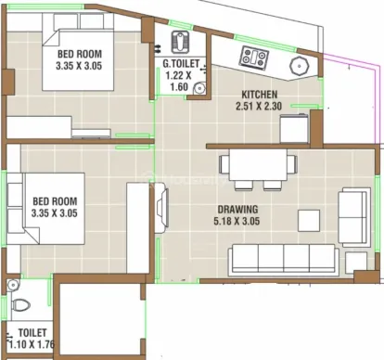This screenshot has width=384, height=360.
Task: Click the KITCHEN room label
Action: pos(259,94)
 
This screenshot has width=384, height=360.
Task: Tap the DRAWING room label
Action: pos(237,210)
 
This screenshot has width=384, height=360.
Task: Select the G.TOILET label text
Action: pos(181,64)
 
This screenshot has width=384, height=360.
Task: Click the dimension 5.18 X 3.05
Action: pos(237,221)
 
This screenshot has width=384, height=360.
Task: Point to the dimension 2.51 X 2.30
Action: pos(259,106)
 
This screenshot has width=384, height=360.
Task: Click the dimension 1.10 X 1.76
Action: pos(32,344)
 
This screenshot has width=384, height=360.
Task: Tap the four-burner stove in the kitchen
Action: pos(254,57)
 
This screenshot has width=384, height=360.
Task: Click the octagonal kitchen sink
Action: pos(300,66)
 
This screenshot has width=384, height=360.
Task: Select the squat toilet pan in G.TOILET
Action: pos(179,42)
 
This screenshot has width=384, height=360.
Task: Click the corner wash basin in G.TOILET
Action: pos(199,87)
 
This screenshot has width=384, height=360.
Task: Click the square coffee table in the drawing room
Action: pos(309,220)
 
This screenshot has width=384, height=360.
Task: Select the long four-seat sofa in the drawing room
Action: pos(283,260)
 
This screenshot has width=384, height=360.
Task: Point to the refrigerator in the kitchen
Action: pos(294,129)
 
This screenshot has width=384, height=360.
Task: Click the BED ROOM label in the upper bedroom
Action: pos(80,54)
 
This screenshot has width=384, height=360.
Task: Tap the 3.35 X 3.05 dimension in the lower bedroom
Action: pos(54,213)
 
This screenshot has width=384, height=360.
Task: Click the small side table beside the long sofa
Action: pos(356,263)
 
